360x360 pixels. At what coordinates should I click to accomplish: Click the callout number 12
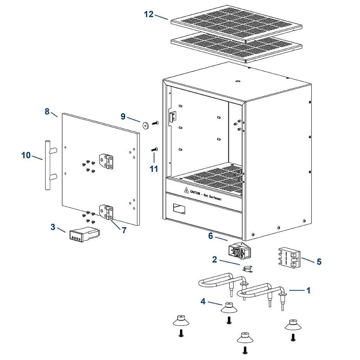click(149, 14)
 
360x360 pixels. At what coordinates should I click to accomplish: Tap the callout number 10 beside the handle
click(26, 155)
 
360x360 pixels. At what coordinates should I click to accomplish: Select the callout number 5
click(319, 262)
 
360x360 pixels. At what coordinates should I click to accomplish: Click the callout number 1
click(308, 290)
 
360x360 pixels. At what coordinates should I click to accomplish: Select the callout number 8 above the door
click(47, 111)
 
